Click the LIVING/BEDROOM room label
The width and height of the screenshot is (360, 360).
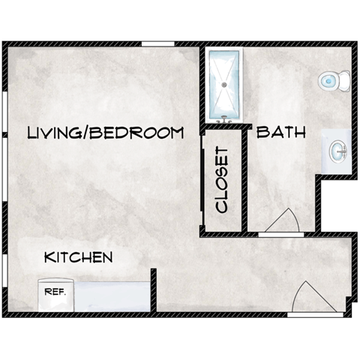click(105, 133)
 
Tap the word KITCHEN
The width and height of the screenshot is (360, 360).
click(79, 257)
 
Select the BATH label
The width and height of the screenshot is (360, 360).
click(281, 133)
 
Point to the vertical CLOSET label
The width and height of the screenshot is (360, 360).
click(221, 180)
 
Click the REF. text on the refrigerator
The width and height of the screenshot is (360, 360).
click(55, 292)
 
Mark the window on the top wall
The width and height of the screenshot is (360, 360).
click(158, 45)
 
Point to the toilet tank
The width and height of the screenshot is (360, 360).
click(345, 79)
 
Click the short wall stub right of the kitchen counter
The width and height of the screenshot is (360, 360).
click(154, 289)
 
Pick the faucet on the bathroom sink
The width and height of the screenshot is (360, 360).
click(343, 152)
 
